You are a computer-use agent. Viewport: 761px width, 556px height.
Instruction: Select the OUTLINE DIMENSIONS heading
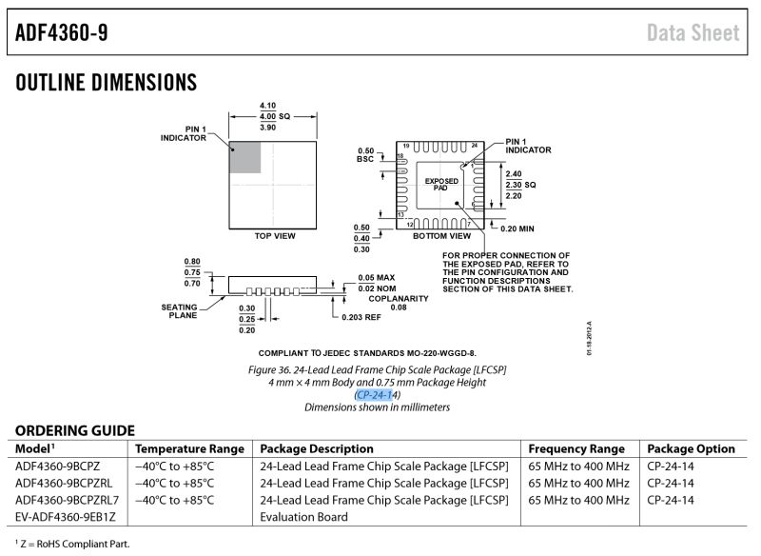106,84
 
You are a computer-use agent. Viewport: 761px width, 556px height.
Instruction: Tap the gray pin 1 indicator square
244,157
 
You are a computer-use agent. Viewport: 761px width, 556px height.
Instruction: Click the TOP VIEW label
273,235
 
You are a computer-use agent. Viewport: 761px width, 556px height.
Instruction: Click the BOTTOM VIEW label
441,235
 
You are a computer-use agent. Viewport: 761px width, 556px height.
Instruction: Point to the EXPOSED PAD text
440,184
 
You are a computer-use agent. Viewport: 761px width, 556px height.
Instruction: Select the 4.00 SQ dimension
274,115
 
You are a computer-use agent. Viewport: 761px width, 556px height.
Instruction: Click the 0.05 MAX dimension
376,277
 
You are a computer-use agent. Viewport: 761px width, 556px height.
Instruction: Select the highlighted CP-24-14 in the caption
377,394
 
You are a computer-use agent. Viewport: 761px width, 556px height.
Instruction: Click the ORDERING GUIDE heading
74,430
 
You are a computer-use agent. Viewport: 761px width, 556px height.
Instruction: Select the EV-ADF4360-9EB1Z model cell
65,517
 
